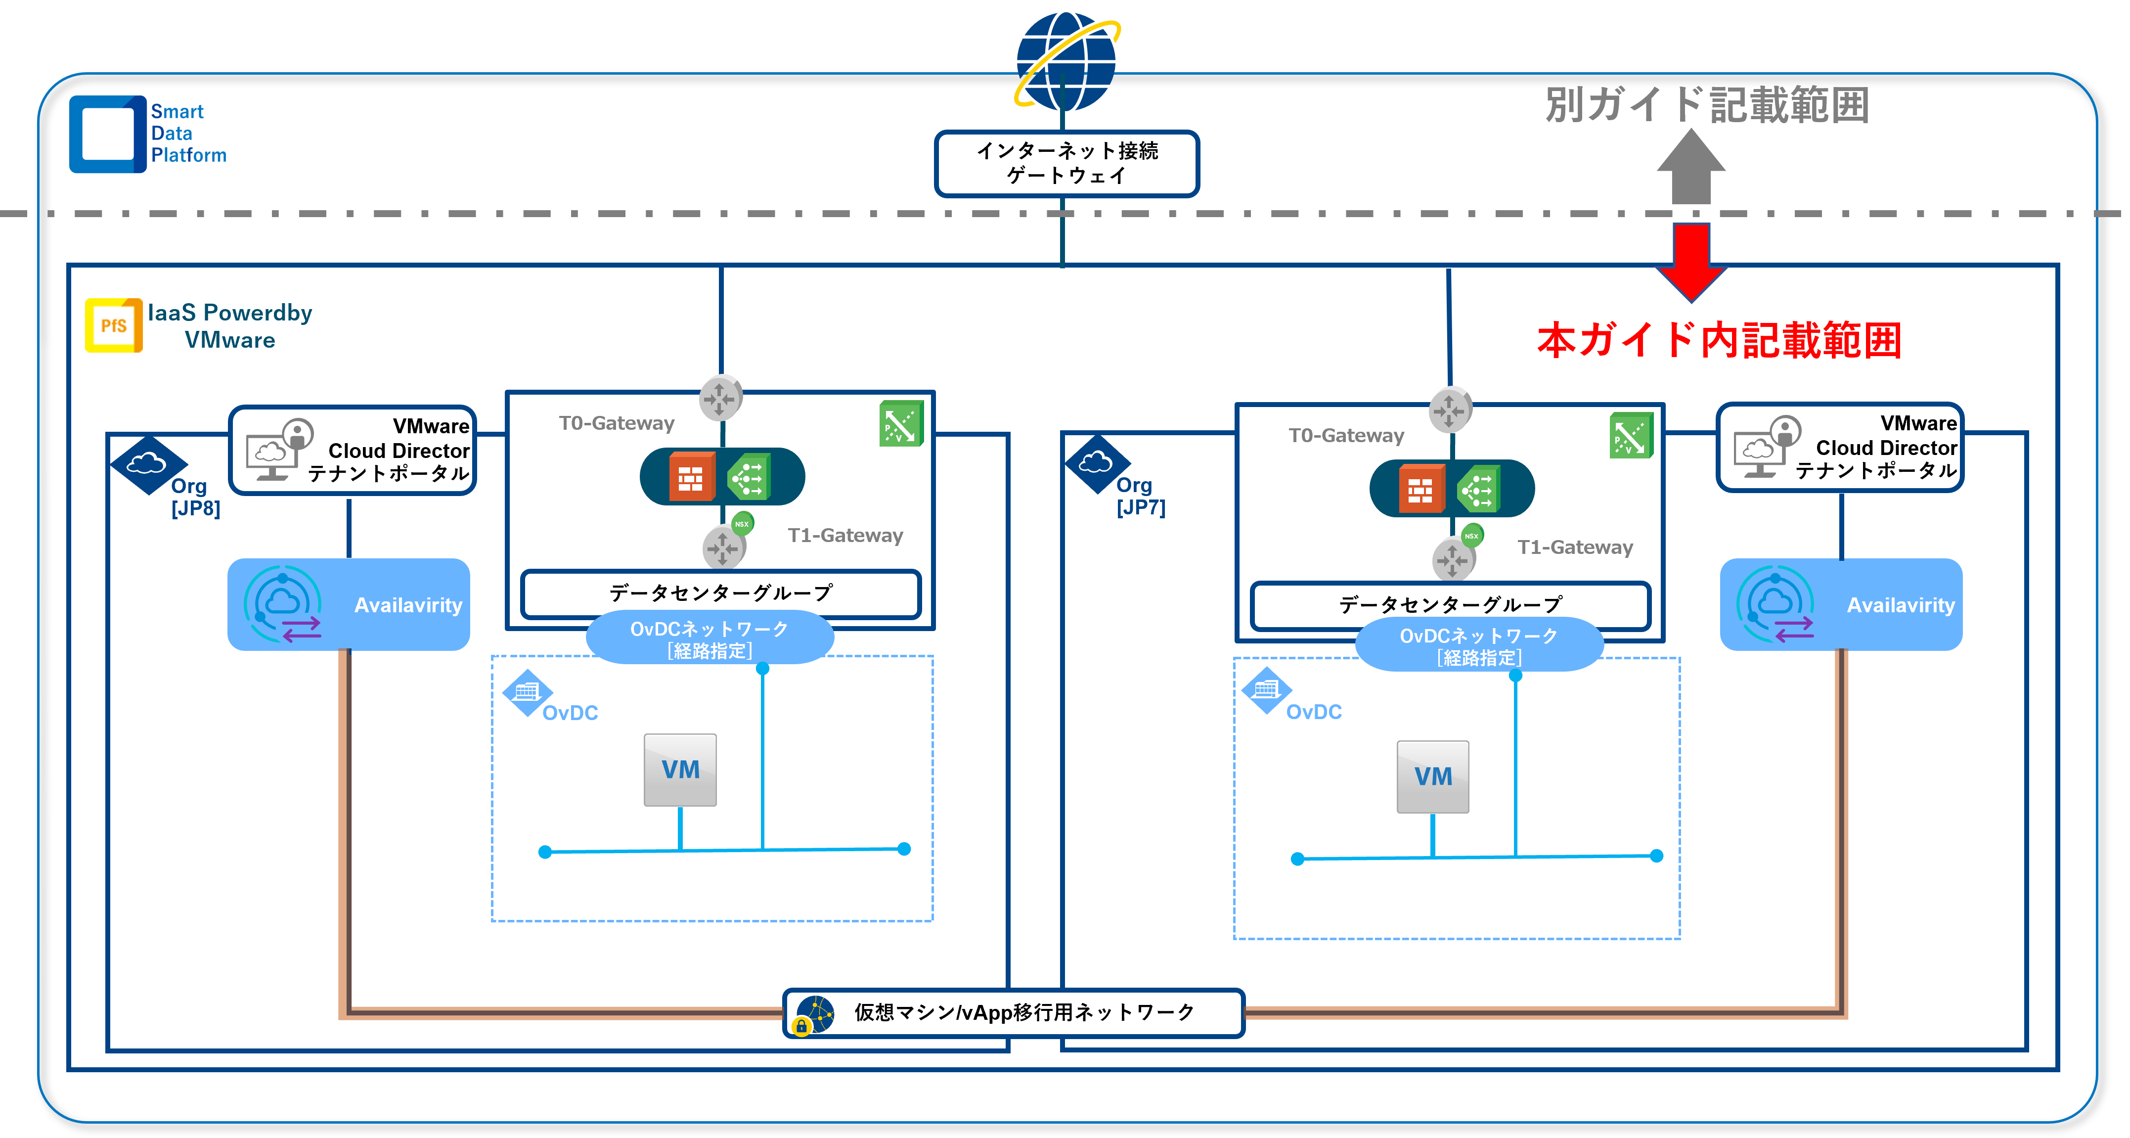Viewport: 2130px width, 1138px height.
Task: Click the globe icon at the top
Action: (x=1066, y=62)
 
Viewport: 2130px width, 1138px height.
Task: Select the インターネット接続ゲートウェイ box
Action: (x=1066, y=163)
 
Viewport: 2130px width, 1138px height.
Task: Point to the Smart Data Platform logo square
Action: (x=107, y=134)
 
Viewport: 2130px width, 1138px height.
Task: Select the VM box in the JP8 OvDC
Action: (x=680, y=769)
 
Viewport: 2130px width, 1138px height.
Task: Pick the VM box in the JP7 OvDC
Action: (x=1432, y=776)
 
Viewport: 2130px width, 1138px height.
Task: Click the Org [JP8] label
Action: (x=194, y=497)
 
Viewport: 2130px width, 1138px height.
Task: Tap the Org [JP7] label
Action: (x=1140, y=496)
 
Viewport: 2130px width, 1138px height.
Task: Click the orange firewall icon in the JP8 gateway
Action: (x=690, y=477)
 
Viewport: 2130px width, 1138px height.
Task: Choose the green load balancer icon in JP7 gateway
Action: (x=1478, y=489)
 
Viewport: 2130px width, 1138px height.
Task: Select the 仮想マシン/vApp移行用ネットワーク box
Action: (x=1013, y=1012)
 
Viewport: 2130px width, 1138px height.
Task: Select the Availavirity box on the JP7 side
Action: (x=1841, y=604)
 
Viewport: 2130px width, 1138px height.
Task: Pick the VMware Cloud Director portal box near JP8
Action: (x=352, y=450)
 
